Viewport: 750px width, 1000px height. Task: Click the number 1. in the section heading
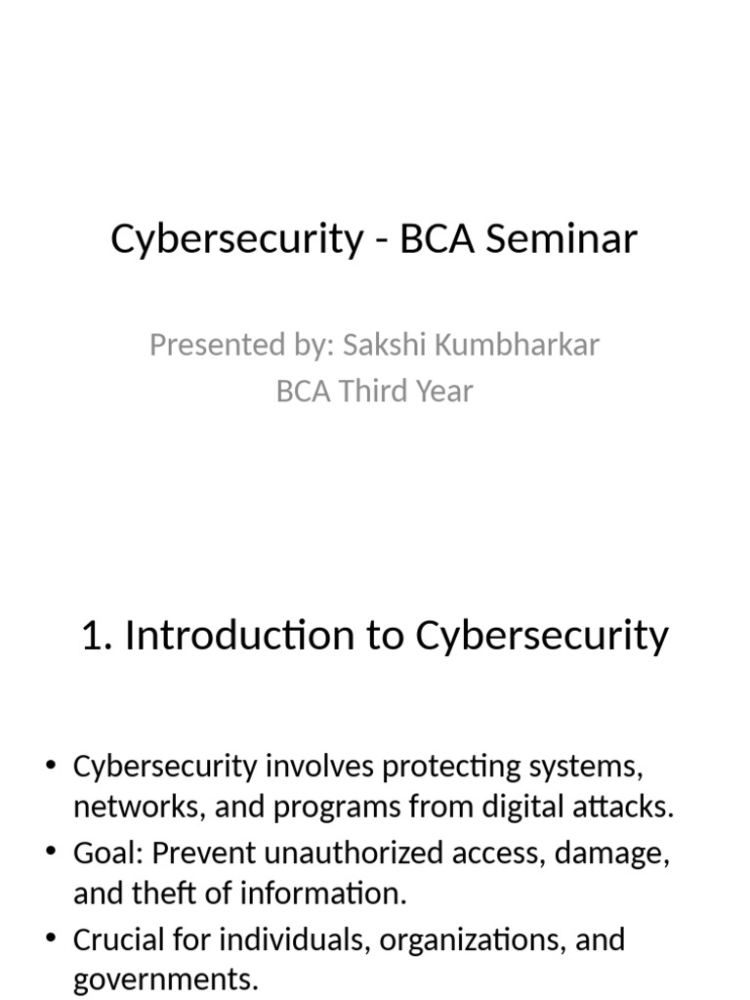pyautogui.click(x=97, y=636)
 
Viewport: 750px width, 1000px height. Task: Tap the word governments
pyautogui.click(x=164, y=979)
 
